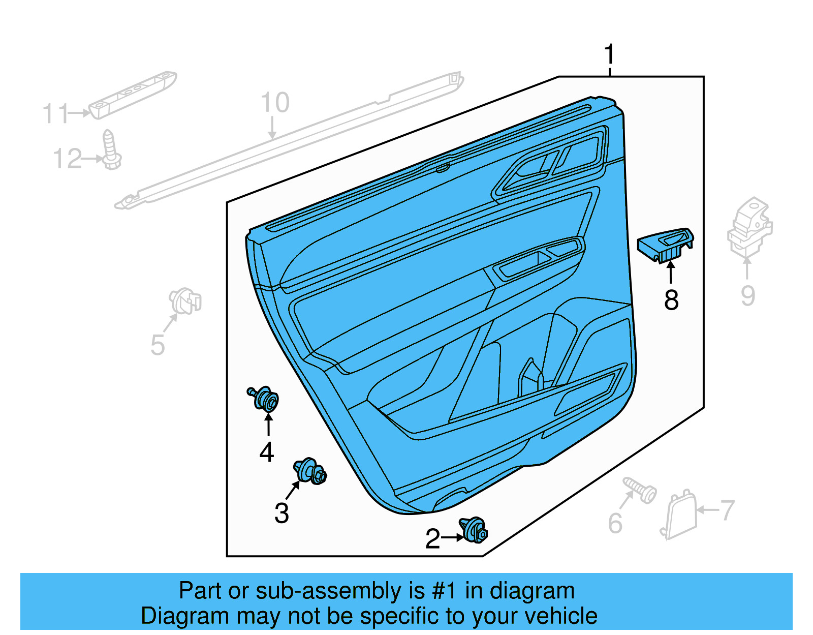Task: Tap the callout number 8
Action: [x=671, y=300]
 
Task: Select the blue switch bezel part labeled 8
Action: [x=665, y=245]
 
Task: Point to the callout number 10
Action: [x=275, y=103]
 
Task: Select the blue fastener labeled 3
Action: [x=310, y=471]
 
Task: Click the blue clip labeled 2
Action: [x=474, y=530]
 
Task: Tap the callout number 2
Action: [x=432, y=539]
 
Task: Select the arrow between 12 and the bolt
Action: [x=92, y=159]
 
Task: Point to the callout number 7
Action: [x=728, y=510]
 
